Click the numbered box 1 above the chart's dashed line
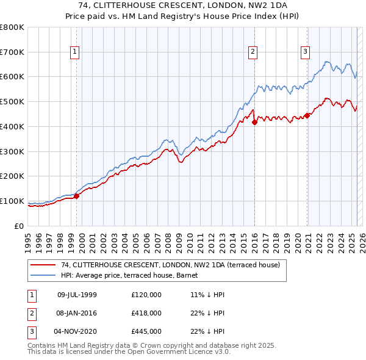point(74,52)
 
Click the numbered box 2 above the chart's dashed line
point(253,52)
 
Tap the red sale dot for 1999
point(77,196)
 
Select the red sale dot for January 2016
point(254,122)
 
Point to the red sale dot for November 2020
point(307,115)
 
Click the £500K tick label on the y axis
point(12,101)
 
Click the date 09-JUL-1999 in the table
point(77,295)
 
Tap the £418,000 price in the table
point(146,313)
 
